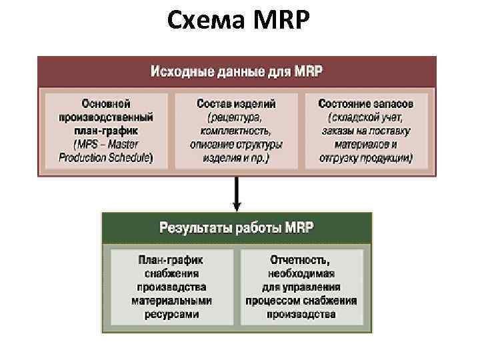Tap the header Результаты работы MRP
click(x=237, y=227)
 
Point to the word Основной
click(x=106, y=104)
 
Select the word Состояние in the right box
click(x=343, y=104)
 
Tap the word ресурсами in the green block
click(x=171, y=314)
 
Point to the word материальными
click(x=171, y=301)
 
